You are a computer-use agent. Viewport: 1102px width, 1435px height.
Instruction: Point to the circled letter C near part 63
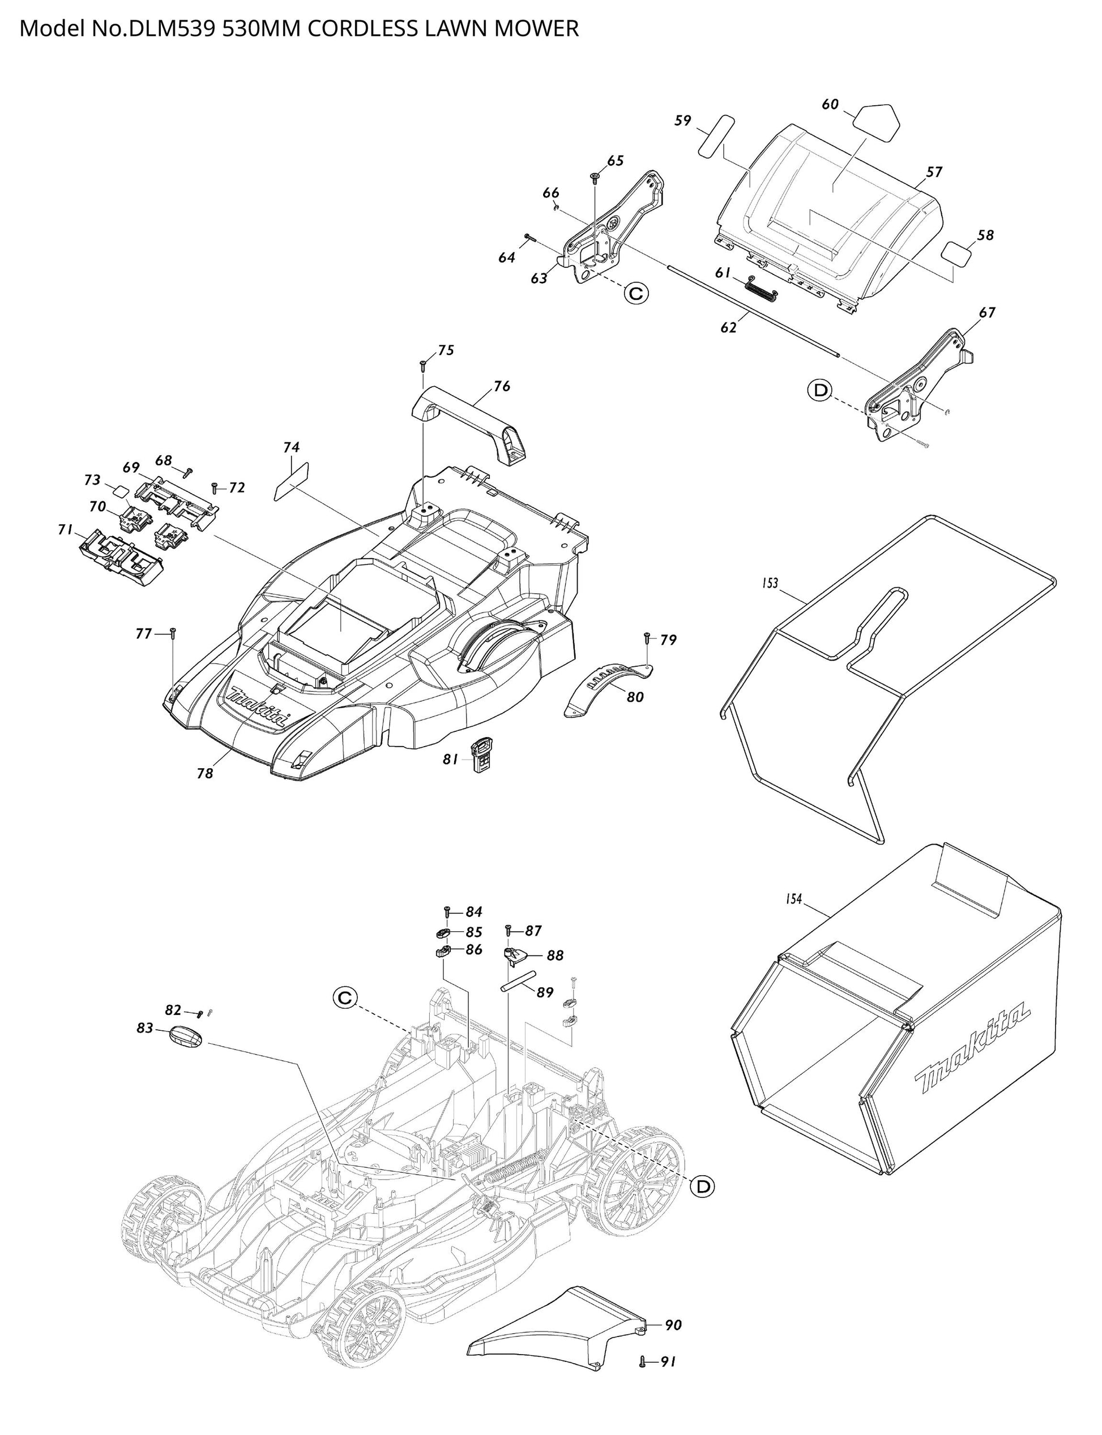pyautogui.click(x=635, y=294)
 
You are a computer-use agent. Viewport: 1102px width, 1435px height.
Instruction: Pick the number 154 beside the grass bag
pyautogui.click(x=794, y=899)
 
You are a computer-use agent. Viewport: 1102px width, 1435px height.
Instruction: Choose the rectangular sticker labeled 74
pyautogui.click(x=291, y=479)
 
